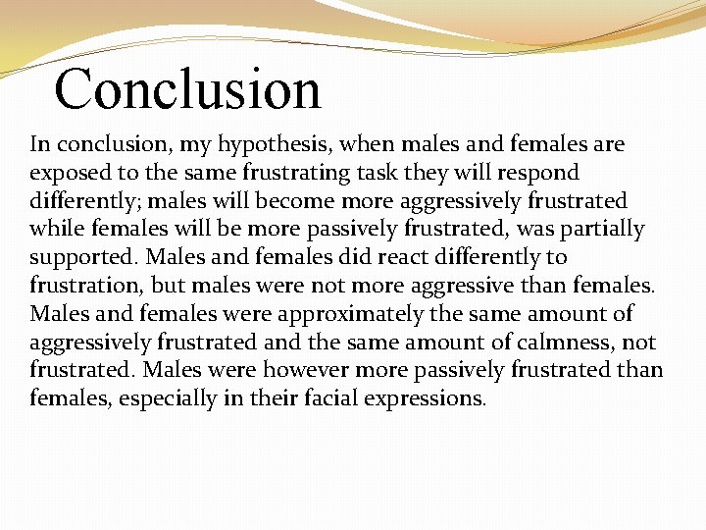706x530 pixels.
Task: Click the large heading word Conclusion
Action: (187, 88)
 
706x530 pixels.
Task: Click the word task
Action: (361, 174)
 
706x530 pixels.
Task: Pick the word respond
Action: (538, 174)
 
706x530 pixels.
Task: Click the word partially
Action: (602, 230)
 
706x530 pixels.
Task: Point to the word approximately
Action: (378, 315)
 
